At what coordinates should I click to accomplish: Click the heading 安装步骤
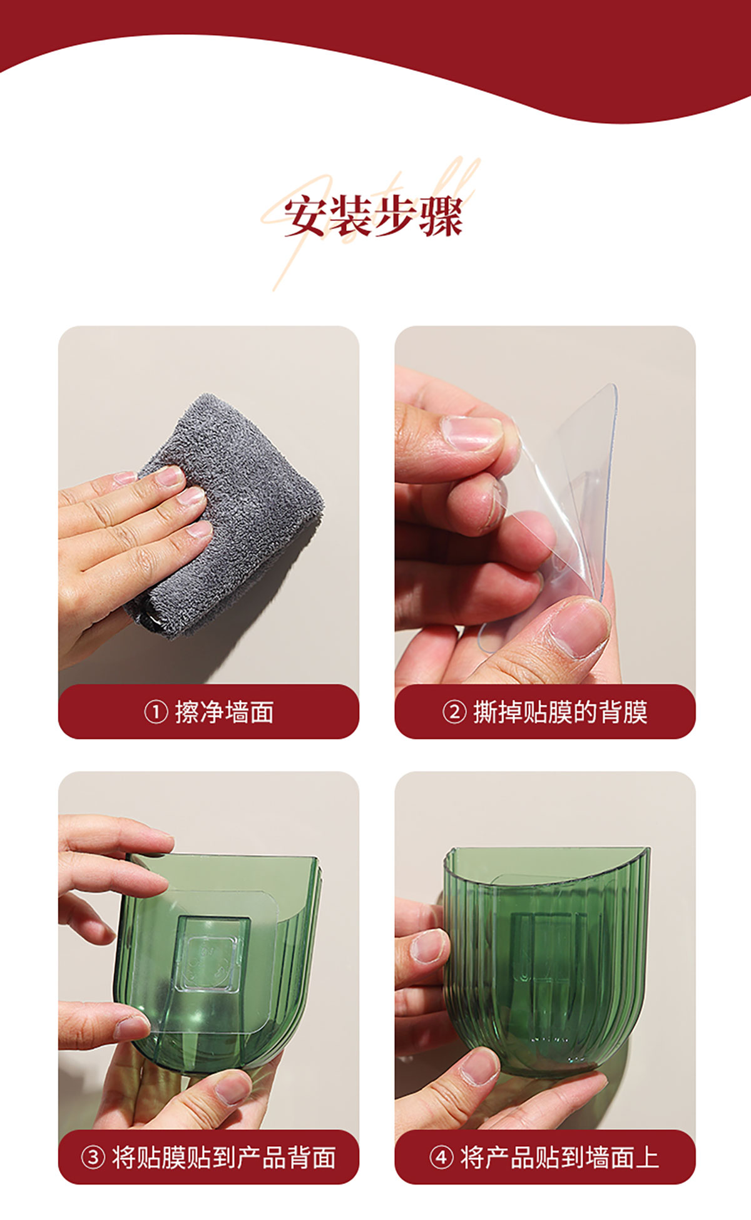[x=374, y=217]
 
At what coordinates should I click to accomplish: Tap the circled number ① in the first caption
[x=156, y=712]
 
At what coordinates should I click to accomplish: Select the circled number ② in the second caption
[x=454, y=712]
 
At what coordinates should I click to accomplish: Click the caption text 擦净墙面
[x=224, y=712]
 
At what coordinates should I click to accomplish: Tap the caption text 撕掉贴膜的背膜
[x=560, y=712]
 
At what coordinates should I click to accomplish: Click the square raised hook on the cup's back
[x=210, y=954]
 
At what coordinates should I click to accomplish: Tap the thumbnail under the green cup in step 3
[x=232, y=1087]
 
